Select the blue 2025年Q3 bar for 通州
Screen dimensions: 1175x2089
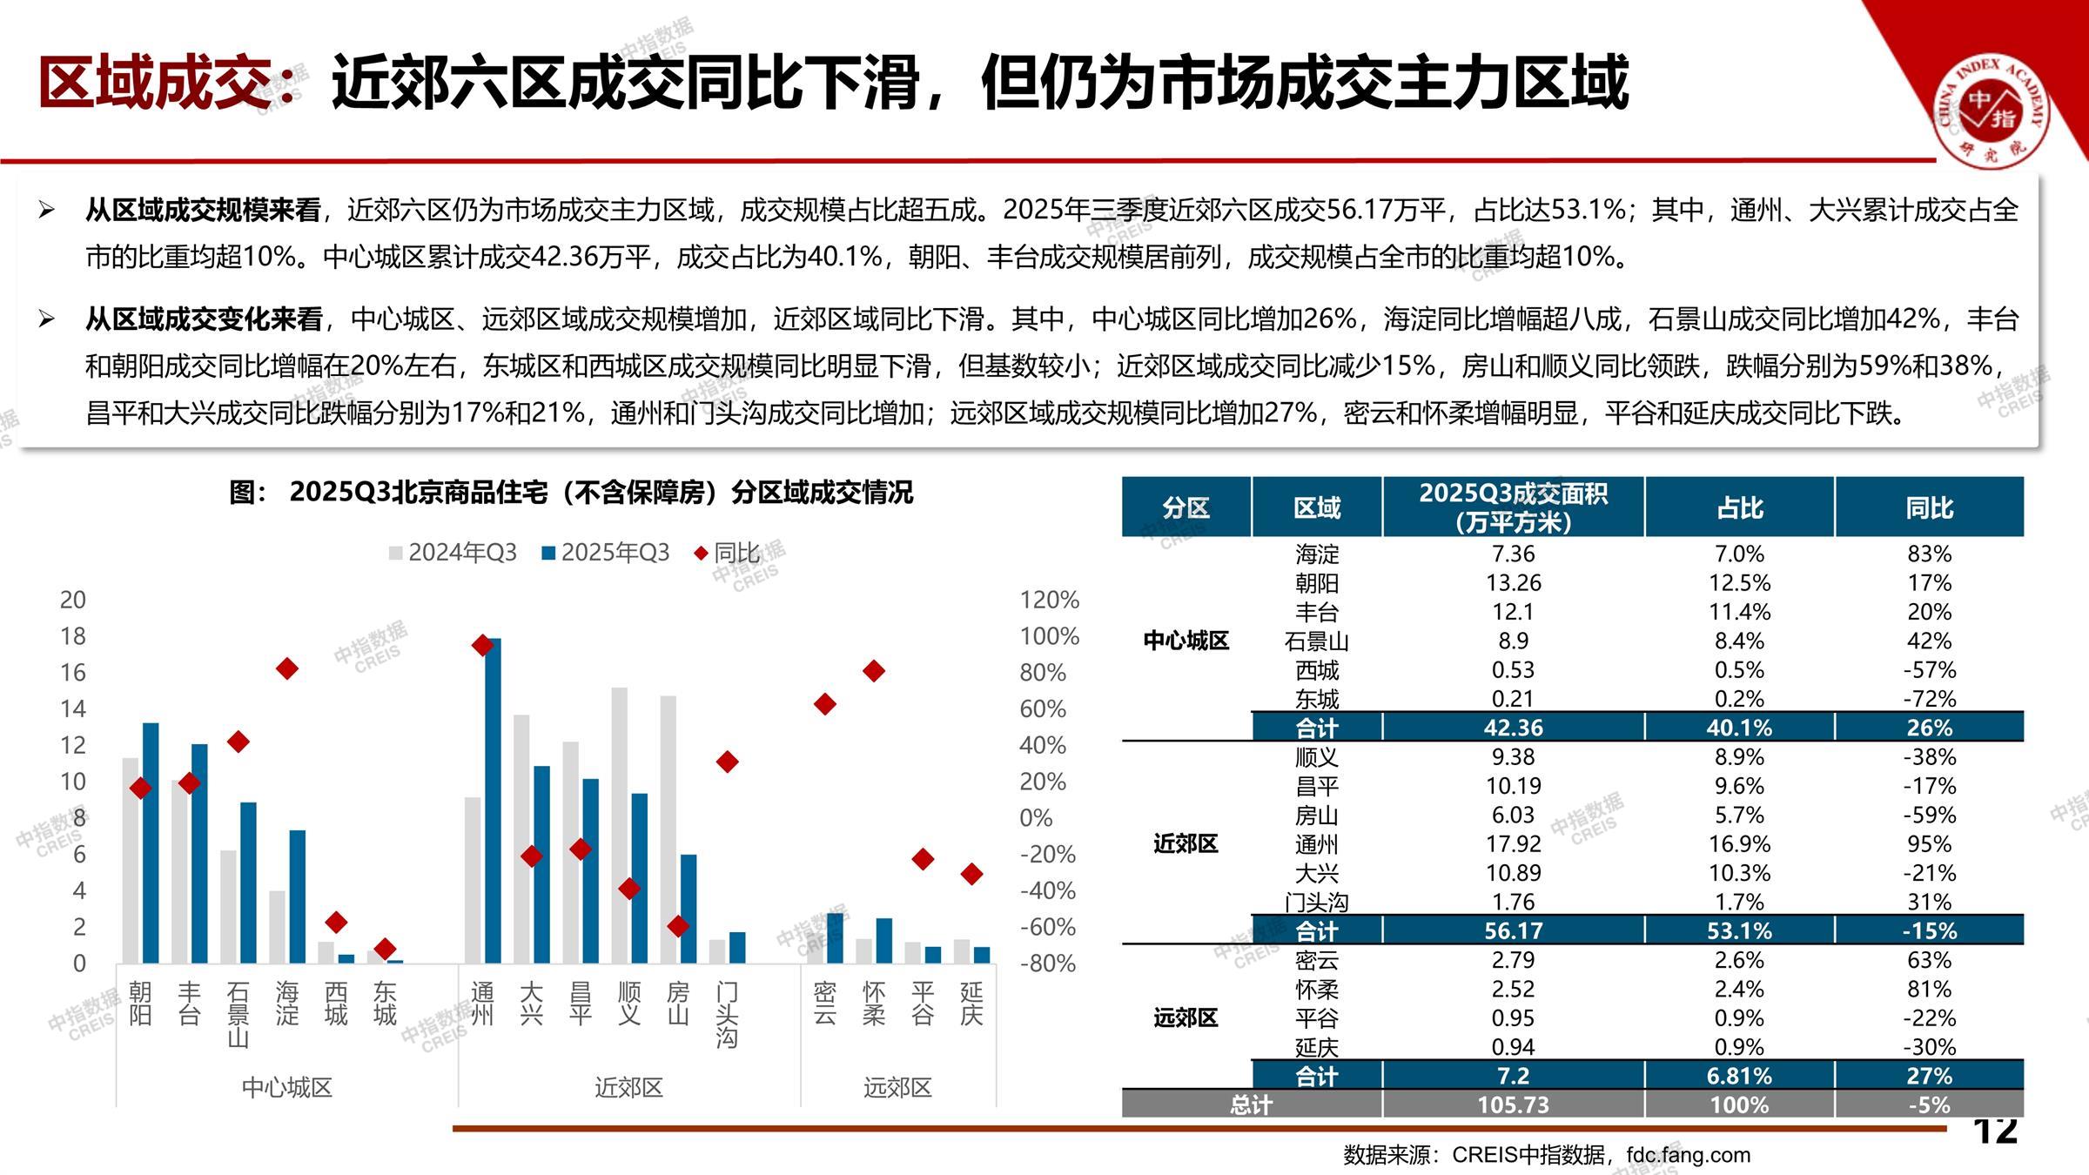[493, 801]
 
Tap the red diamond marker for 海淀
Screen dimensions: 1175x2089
[287, 668]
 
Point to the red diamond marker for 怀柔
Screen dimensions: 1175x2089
[874, 671]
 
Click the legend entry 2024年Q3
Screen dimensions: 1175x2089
[453, 553]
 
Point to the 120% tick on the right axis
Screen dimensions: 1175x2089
[1049, 600]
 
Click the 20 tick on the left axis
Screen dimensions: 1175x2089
[73, 600]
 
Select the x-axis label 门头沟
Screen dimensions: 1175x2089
[727, 1014]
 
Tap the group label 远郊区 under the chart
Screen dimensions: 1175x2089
[897, 1087]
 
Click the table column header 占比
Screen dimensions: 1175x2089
[1739, 507]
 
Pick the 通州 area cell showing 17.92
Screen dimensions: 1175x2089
[1513, 844]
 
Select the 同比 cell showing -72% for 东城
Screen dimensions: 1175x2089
[1929, 699]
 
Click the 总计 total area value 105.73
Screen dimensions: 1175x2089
[1513, 1104]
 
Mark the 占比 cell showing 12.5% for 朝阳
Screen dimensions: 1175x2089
[1739, 583]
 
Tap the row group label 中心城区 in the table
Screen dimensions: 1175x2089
[1186, 641]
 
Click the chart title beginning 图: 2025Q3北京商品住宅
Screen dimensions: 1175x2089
[571, 493]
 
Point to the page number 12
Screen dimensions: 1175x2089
[1995, 1131]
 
